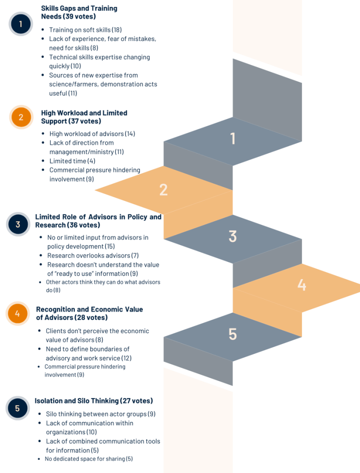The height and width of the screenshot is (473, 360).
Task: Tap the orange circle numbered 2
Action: (21, 117)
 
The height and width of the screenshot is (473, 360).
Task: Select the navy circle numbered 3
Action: (18, 224)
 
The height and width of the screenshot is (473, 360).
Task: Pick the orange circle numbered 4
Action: (18, 314)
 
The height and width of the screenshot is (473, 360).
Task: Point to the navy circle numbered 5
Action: (18, 408)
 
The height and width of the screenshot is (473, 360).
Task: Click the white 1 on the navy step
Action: (233, 139)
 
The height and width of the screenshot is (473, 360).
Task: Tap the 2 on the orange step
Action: (163, 190)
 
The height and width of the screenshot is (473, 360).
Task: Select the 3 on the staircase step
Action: (233, 236)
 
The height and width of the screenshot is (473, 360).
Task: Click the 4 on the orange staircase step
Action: (302, 285)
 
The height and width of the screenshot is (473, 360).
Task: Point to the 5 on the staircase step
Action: (233, 334)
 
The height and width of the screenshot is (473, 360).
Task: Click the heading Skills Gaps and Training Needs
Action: (79, 12)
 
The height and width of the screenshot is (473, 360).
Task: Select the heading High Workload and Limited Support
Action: (84, 117)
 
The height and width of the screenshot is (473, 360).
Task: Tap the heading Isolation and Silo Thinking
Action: (94, 400)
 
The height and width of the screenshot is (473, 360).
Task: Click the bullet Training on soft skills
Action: (85, 30)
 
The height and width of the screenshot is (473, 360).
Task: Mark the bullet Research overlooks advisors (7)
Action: (93, 255)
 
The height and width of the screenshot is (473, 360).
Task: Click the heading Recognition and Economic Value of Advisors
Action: (89, 314)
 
